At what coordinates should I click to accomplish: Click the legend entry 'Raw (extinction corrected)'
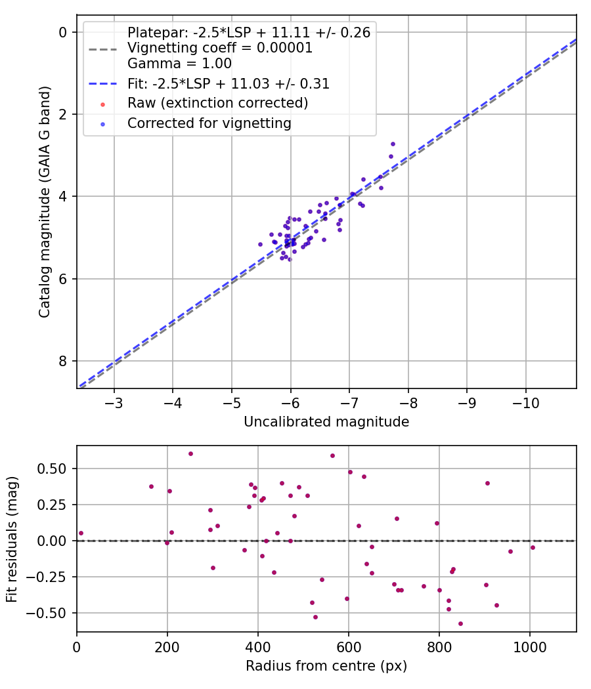217,103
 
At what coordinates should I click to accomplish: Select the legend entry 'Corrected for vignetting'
209,123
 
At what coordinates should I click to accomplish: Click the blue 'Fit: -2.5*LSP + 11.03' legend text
228,83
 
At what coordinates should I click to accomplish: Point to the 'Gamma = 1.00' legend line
179,64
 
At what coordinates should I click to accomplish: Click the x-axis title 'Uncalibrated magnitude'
326,422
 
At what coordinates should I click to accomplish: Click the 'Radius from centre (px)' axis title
326,666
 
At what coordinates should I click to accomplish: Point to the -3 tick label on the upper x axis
114,402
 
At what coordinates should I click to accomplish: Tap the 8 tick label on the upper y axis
63,362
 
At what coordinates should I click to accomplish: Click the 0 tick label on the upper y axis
63,32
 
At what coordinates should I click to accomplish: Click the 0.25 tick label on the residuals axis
56,505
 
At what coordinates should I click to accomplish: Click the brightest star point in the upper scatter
393,144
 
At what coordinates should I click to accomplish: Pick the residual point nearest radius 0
81,533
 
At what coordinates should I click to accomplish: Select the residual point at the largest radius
533,547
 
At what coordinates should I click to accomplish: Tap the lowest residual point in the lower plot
460,623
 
